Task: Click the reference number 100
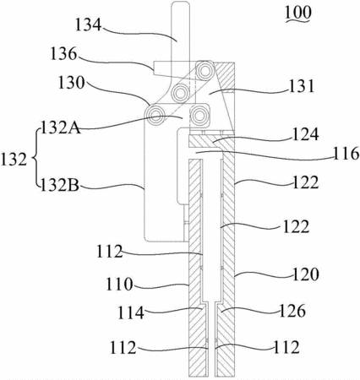click(298, 12)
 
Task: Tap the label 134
click(88, 24)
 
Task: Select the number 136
click(63, 54)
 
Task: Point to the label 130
click(71, 83)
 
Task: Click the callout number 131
click(301, 86)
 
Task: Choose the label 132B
click(60, 186)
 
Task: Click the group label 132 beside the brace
click(14, 160)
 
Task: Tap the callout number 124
click(306, 134)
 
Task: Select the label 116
click(346, 154)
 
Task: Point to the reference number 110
click(119, 284)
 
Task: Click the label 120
click(306, 274)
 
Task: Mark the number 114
click(131, 312)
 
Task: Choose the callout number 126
click(292, 311)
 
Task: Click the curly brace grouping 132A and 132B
click(35, 158)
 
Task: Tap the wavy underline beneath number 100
click(298, 20)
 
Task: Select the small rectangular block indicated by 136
click(162, 68)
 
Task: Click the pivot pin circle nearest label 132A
click(155, 115)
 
